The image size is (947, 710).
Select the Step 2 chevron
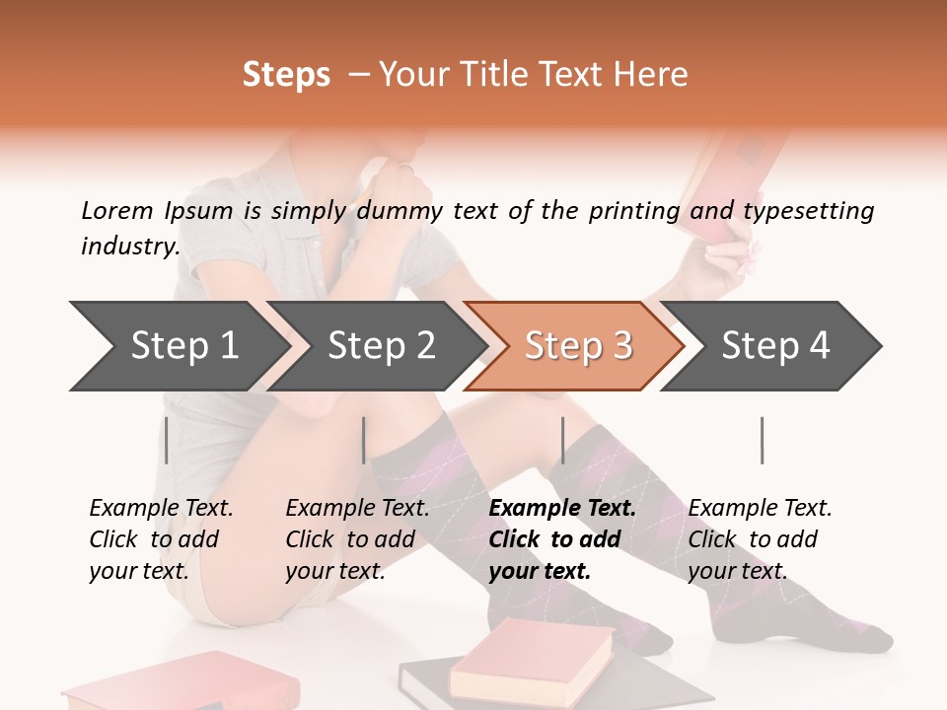point(380,346)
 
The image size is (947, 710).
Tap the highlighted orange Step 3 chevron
point(577,346)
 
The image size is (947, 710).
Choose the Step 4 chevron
point(774,346)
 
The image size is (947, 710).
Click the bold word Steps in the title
point(286,75)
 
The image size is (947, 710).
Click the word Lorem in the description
point(116,210)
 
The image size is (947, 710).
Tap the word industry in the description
point(129,246)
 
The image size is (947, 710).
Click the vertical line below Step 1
point(167,440)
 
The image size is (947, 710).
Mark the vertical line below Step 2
point(364,440)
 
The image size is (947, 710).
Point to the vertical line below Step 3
point(562,440)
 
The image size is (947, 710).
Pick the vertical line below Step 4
point(762,440)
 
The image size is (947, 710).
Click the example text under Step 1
point(161,539)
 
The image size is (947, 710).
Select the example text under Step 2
point(357,539)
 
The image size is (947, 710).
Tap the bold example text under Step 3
point(562,539)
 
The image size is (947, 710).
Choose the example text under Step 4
point(760,539)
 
